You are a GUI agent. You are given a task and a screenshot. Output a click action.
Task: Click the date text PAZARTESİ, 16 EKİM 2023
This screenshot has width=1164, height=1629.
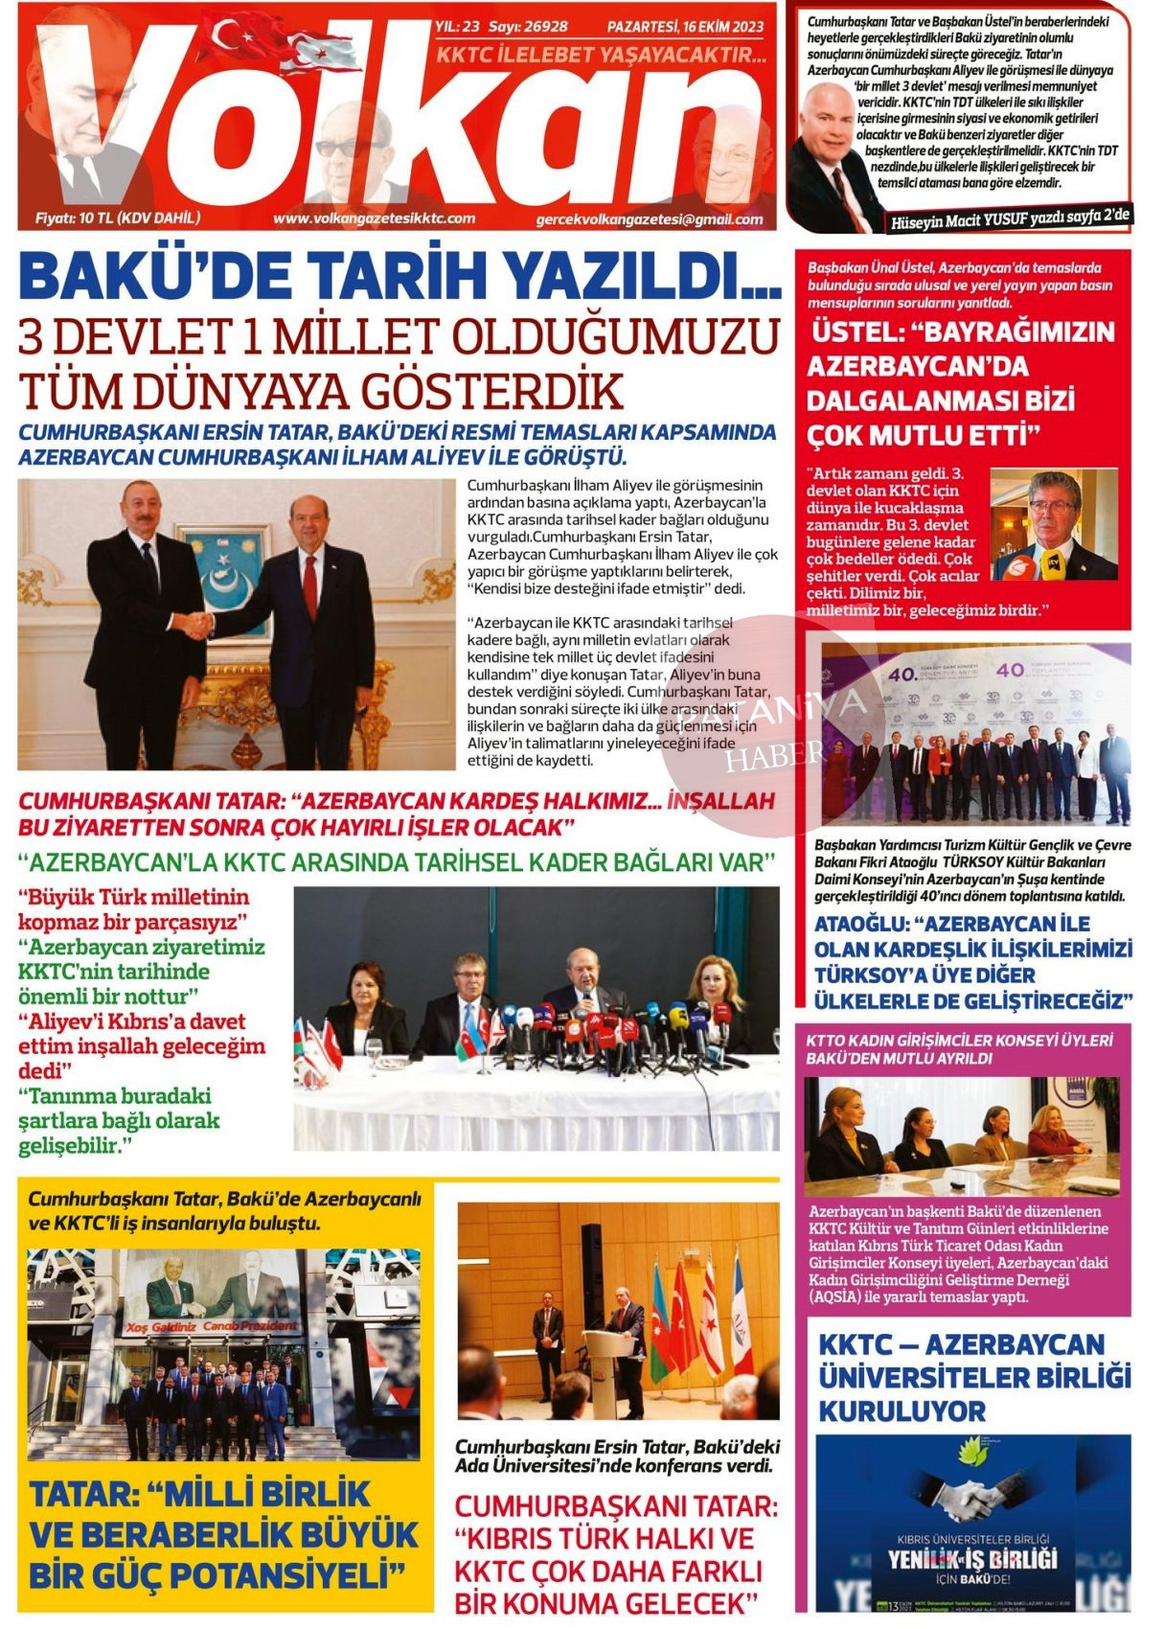click(685, 27)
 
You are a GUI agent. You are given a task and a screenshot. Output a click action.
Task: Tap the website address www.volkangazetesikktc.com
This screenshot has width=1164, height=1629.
click(374, 218)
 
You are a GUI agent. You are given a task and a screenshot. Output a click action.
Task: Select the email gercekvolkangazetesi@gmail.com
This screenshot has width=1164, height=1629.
click(650, 219)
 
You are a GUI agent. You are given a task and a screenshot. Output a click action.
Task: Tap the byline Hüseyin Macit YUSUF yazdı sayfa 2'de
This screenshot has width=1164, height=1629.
click(1010, 219)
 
